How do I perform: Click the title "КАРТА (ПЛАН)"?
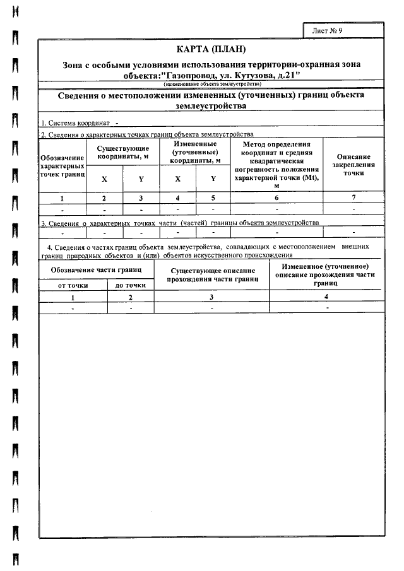pos(211,49)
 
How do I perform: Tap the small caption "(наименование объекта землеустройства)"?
pos(211,84)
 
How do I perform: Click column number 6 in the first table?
pos(276,198)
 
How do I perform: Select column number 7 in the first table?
pos(353,198)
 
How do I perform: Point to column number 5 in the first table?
pos(213,198)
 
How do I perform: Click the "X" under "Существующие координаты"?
pos(105,179)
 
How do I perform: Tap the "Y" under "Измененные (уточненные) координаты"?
pos(213,179)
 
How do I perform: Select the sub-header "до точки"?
pos(131,285)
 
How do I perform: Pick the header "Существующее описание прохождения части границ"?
pos(212,274)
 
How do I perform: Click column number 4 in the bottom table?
pos(326,297)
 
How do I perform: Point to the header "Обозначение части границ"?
pos(96,270)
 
